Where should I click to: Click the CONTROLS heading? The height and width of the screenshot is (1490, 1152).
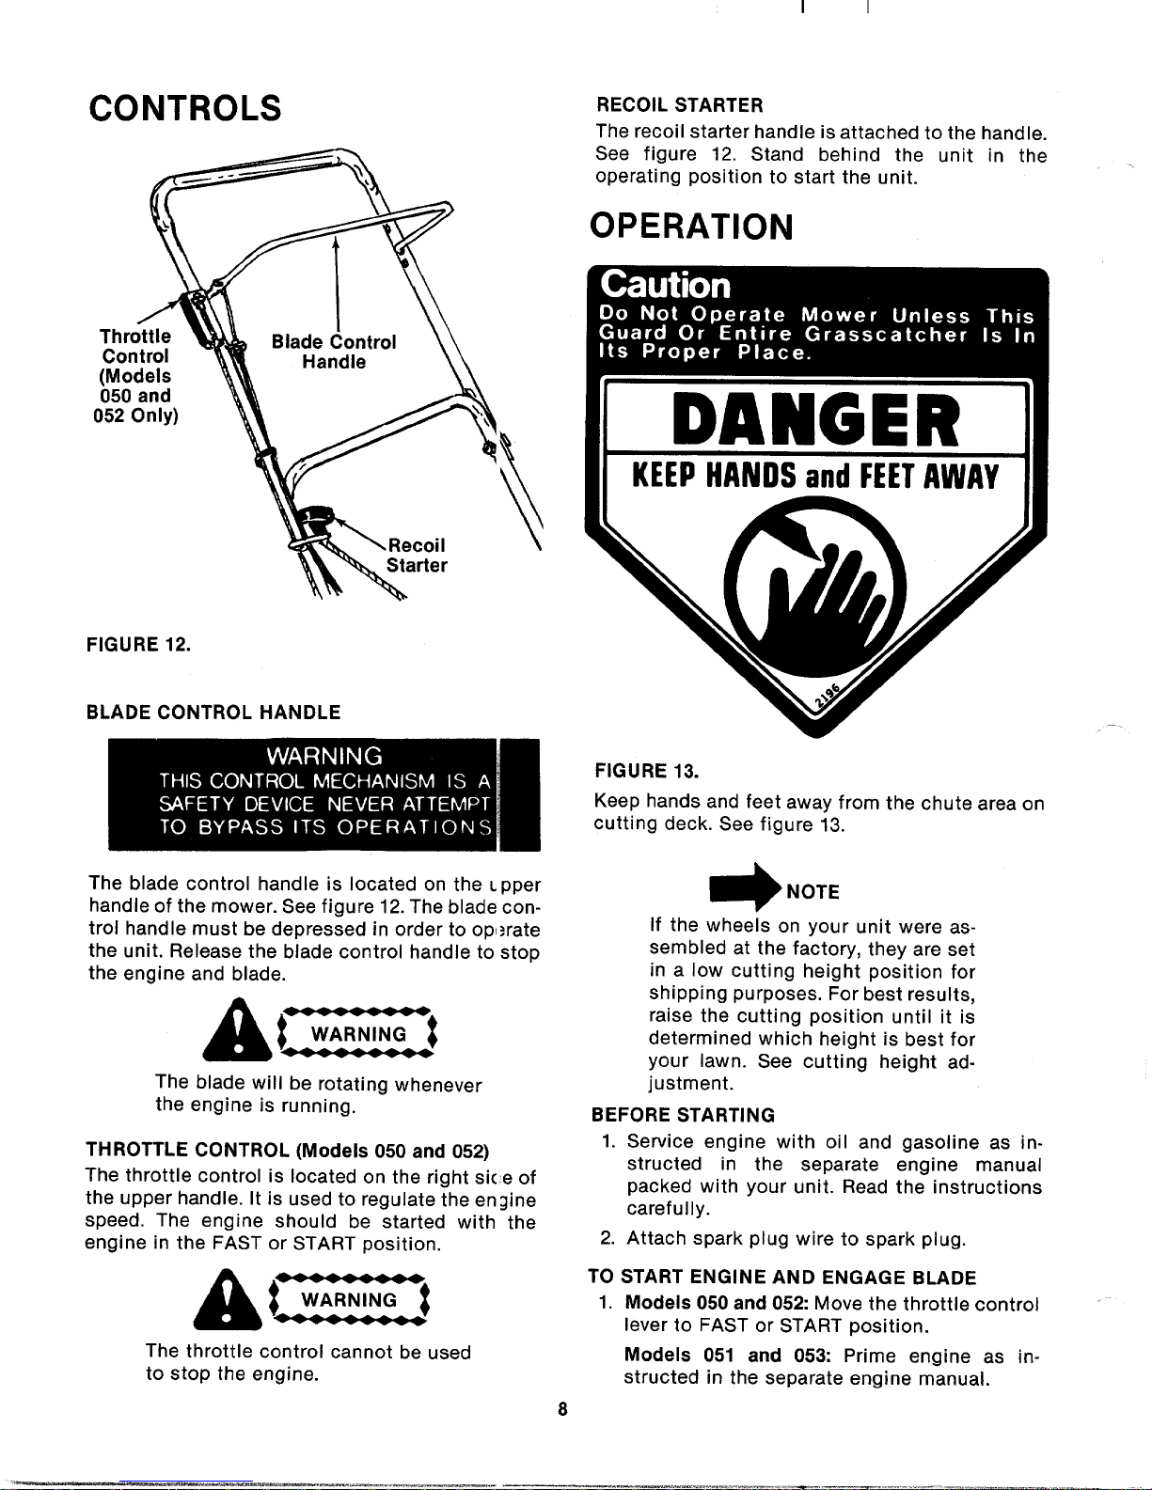coord(185,108)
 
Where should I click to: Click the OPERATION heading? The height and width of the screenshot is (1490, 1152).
coord(691,227)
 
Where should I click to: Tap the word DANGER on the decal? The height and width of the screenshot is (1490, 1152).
coord(815,419)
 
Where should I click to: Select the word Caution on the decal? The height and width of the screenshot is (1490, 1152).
coord(665,285)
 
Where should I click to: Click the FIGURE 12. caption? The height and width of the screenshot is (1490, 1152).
coord(138,645)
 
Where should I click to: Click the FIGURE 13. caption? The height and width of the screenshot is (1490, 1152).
coord(647,771)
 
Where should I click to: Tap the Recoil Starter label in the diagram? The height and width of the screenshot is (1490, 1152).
coord(417,555)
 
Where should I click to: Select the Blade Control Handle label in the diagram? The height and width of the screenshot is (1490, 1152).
coord(334,351)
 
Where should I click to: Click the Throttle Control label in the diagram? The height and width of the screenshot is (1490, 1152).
coord(135,376)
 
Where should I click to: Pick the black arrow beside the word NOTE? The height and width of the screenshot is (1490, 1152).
coord(746,886)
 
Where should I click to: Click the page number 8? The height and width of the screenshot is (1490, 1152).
coord(562,1408)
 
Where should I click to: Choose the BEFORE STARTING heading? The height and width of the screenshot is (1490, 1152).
coord(683,1115)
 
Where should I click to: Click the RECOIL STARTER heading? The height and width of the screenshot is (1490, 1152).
coord(680,105)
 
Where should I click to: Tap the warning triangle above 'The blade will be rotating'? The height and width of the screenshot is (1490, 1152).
coord(237,1028)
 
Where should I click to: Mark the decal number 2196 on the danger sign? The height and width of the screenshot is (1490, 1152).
coord(828,695)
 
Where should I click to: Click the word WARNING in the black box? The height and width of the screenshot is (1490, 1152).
coord(324,756)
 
